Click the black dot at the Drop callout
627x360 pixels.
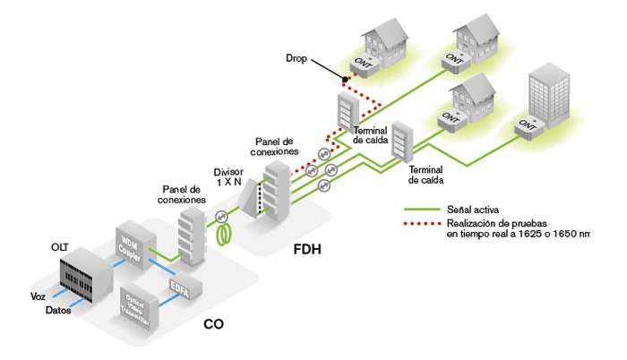pyautogui.click(x=344, y=78)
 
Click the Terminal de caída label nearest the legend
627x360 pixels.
pyautogui.click(x=425, y=174)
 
